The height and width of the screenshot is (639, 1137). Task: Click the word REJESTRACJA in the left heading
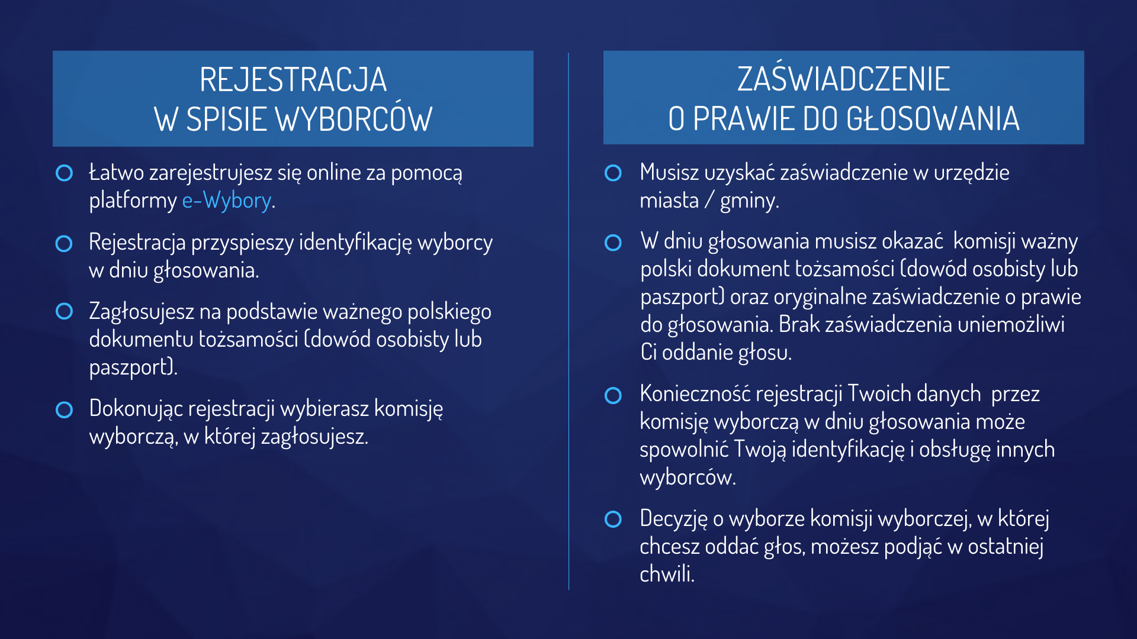(x=293, y=80)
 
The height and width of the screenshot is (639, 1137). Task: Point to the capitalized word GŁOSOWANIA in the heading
(x=933, y=118)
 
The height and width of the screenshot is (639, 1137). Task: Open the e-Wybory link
(x=227, y=201)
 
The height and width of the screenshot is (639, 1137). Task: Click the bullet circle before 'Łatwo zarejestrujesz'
(x=64, y=173)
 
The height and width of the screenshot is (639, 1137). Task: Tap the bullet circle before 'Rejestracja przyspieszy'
(x=64, y=243)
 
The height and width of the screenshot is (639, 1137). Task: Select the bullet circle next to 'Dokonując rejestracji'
(x=64, y=409)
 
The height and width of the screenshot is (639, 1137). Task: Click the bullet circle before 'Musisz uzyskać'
(x=613, y=173)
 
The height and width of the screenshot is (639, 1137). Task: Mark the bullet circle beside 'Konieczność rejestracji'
(x=613, y=395)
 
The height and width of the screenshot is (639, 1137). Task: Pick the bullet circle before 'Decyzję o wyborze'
(x=613, y=519)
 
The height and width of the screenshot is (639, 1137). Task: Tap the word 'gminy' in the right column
(x=747, y=201)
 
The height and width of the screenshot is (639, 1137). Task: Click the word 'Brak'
(x=799, y=324)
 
